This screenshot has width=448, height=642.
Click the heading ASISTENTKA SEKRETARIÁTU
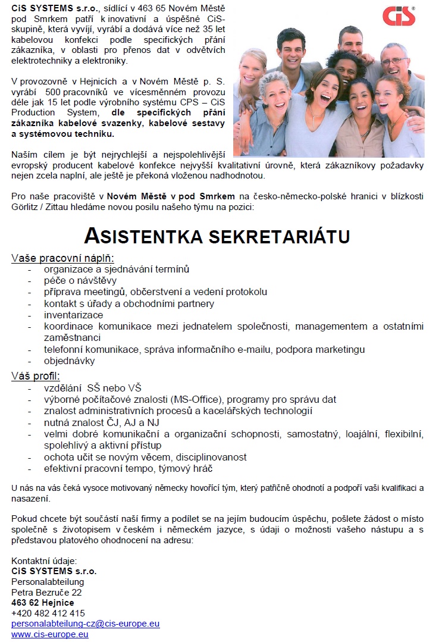[217, 236]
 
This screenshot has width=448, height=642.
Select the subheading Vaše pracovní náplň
[62, 258]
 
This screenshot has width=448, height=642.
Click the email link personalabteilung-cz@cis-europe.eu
[86, 624]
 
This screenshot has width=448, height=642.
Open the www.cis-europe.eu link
[50, 634]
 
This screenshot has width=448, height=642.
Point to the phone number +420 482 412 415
[48, 613]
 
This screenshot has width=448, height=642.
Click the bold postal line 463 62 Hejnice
[43, 602]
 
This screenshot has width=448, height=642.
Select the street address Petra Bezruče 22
[46, 592]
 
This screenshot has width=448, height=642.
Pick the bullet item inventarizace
[73, 315]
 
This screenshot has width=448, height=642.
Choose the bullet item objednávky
[69, 361]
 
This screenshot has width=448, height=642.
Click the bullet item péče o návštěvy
[80, 280]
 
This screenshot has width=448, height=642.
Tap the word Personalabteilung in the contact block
[48, 581]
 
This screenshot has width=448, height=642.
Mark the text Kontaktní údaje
[44, 560]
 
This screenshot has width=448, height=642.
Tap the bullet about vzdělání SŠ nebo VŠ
[92, 388]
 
